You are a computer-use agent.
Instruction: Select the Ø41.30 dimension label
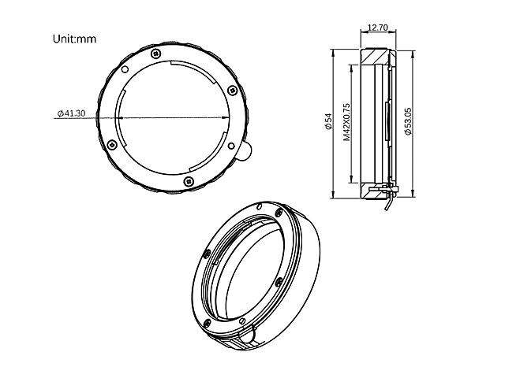point(72,113)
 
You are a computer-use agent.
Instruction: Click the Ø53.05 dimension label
point(407,122)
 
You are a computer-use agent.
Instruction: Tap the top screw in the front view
point(155,53)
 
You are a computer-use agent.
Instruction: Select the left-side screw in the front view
point(113,143)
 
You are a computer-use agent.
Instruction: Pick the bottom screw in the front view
point(189,180)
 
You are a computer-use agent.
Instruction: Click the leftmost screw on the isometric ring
point(206,253)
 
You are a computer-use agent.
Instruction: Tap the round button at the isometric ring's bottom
point(248,336)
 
